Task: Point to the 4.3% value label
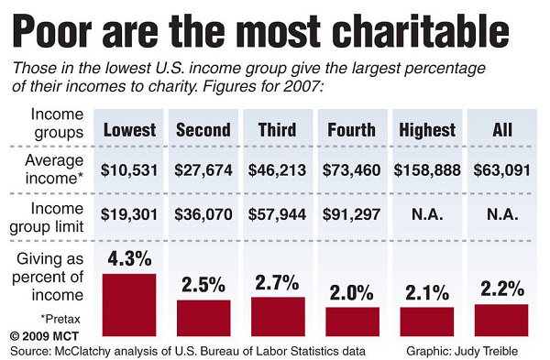[129, 259]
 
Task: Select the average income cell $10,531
[129, 169]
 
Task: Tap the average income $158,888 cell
[427, 169]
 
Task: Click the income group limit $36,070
[203, 216]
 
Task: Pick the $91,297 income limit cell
[351, 216]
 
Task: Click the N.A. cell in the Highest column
[426, 216]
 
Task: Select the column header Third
[277, 129]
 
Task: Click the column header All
[501, 129]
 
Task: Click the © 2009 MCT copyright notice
[41, 335]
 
